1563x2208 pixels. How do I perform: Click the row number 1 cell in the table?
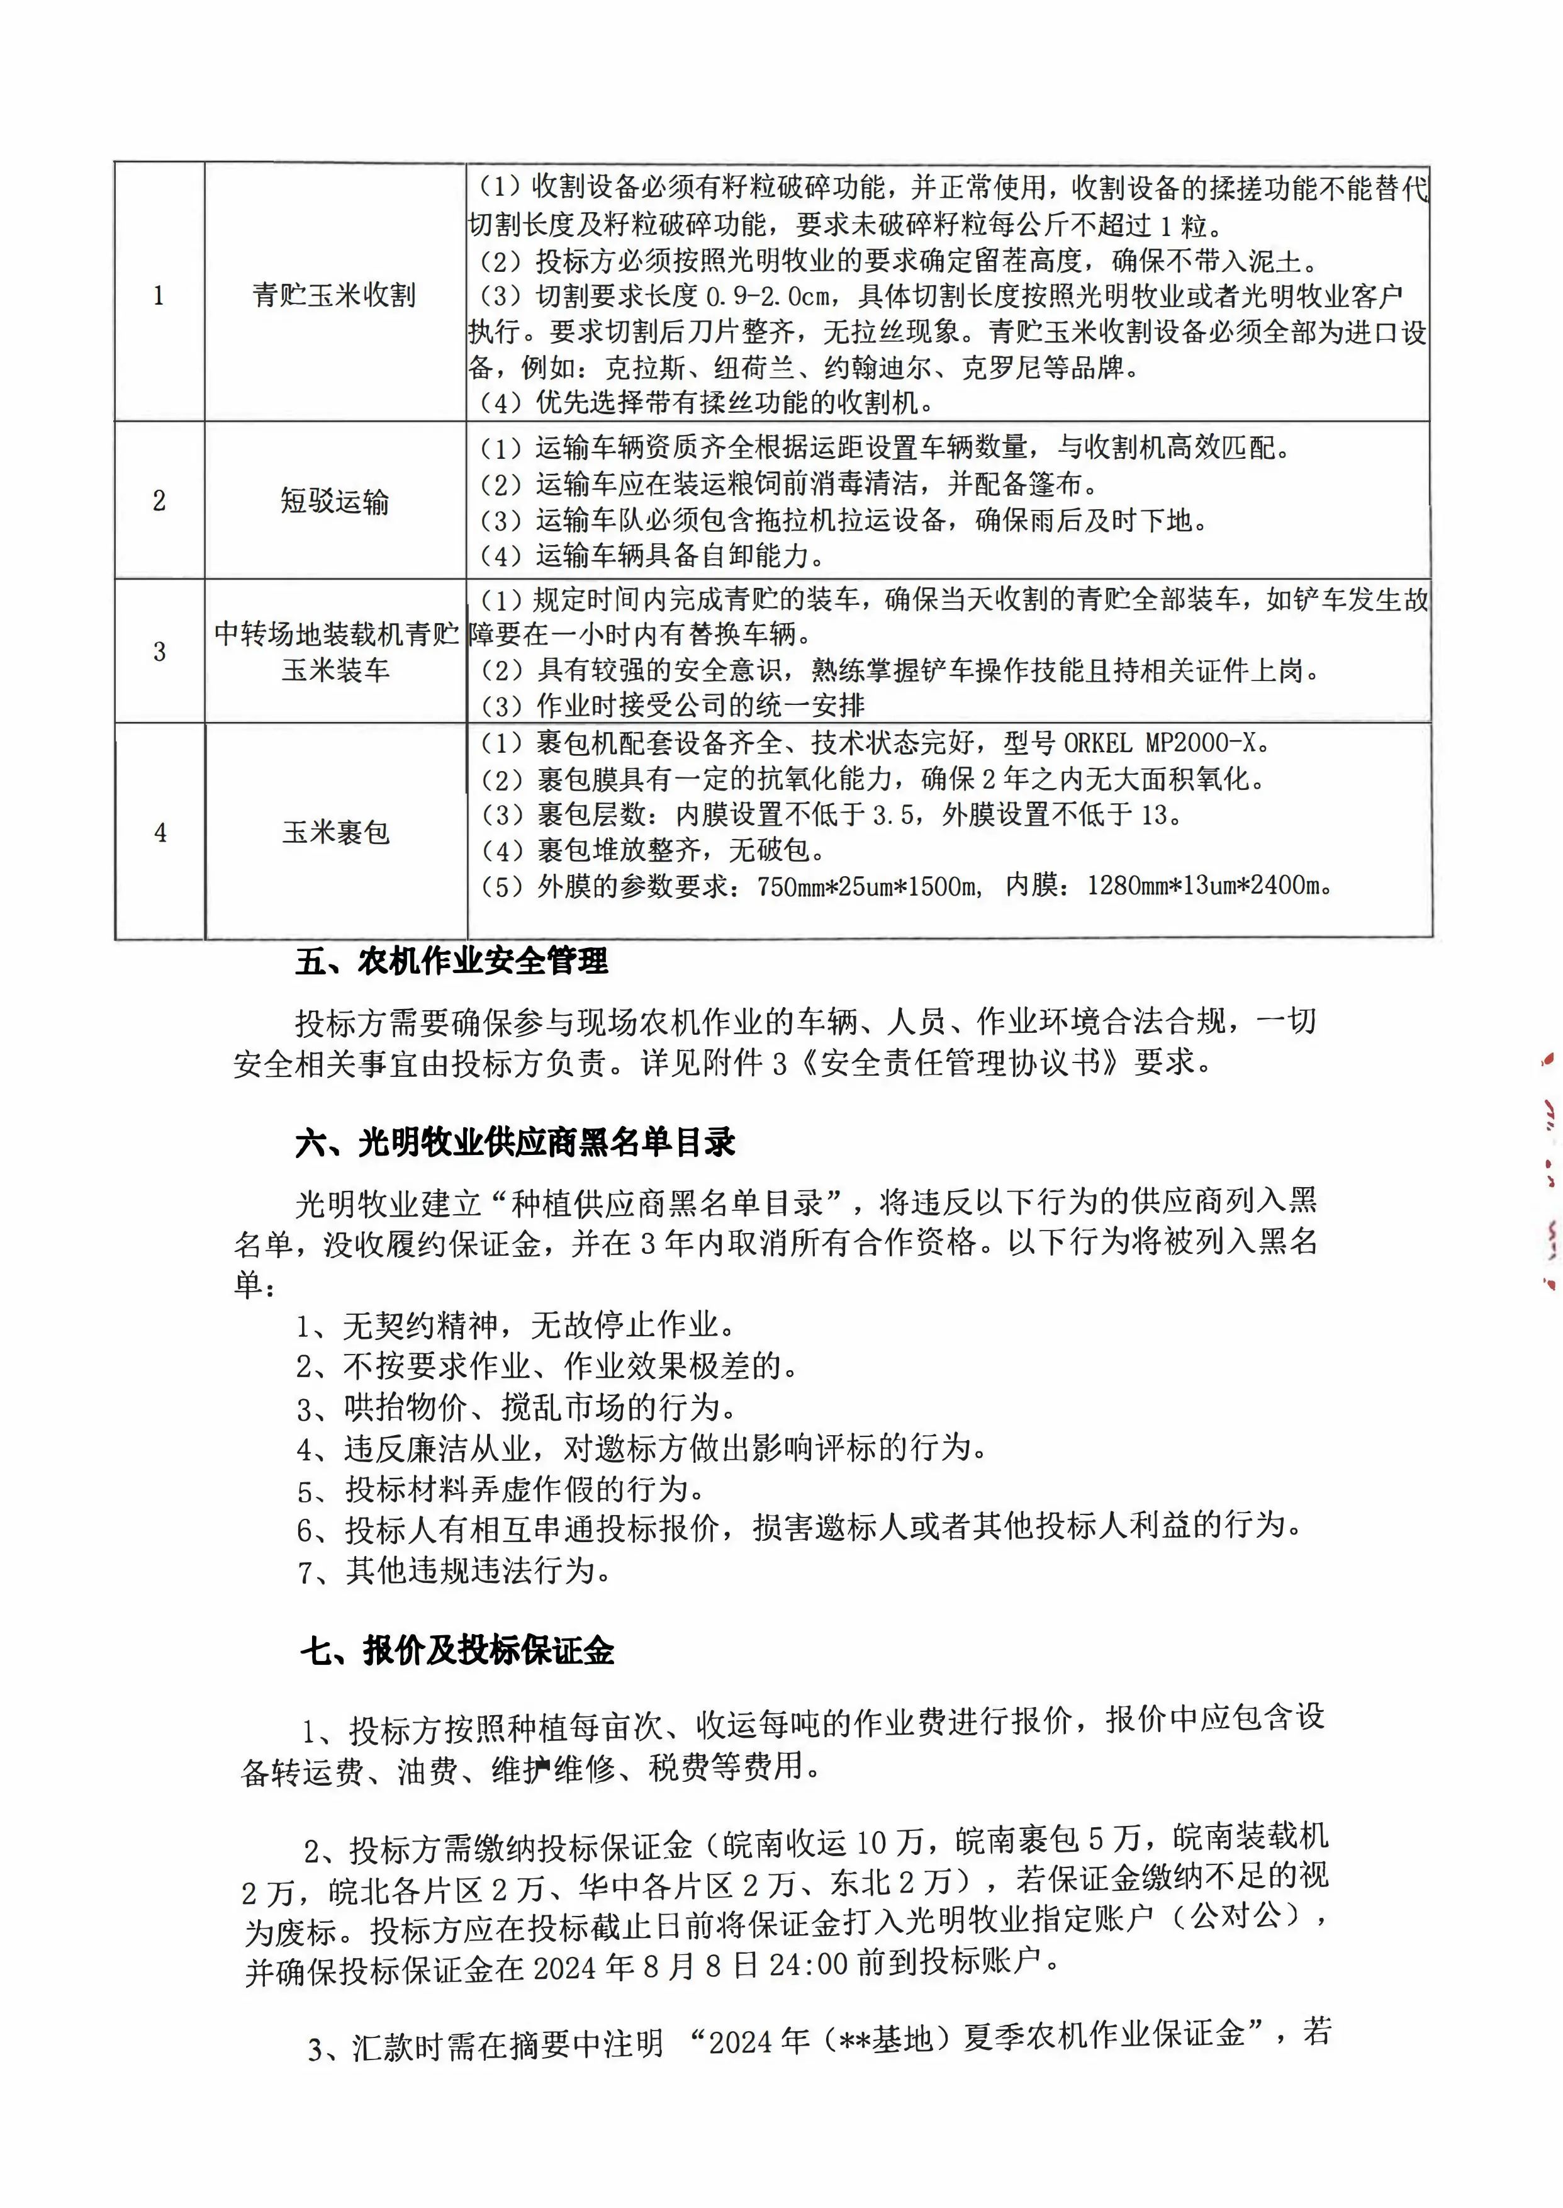coord(159,295)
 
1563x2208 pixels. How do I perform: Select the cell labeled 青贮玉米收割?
coord(334,295)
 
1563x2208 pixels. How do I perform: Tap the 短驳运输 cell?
coord(334,500)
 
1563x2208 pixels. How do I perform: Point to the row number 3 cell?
coord(159,651)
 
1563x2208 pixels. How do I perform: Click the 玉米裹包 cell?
coord(335,831)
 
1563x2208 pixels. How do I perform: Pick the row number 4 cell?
coord(160,831)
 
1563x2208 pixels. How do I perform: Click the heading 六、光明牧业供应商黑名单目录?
coord(515,1142)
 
